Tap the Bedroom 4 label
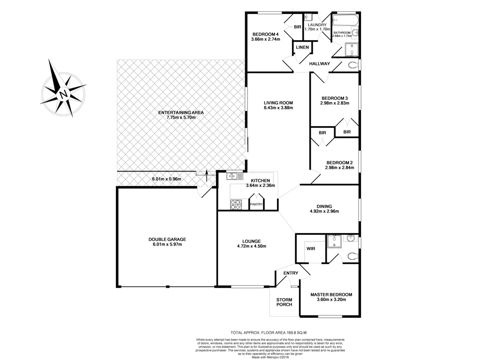(265, 34)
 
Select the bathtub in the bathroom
(345, 22)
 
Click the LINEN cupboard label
(302, 47)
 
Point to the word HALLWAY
(319, 64)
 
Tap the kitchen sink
(234, 176)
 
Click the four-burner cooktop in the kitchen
(235, 204)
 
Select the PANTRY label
(256, 204)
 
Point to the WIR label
(310, 248)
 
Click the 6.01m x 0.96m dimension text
(166, 179)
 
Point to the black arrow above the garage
(208, 175)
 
